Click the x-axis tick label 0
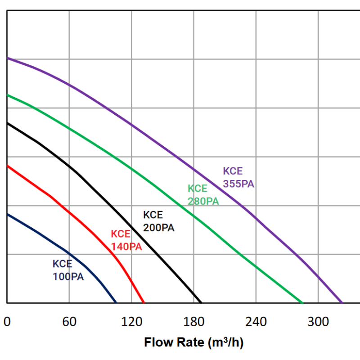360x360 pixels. [x=7, y=322]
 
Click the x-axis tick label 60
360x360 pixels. [x=69, y=322]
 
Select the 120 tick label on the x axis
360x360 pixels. [x=131, y=322]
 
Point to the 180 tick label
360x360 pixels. [x=193, y=322]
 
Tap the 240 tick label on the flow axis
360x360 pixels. [x=256, y=322]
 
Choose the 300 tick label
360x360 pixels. [x=318, y=322]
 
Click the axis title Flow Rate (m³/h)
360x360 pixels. [x=193, y=343]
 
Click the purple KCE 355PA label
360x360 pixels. [x=238, y=178]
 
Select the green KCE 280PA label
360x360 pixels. [x=203, y=195]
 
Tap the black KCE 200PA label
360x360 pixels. [x=158, y=221]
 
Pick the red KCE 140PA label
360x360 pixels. [x=126, y=240]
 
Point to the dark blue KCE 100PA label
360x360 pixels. [x=68, y=270]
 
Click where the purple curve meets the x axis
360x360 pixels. [x=342, y=303]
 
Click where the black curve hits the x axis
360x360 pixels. [x=201, y=303]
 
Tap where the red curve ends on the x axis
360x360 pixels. [x=144, y=303]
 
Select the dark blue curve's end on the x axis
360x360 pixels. [x=116, y=303]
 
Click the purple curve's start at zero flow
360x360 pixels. [x=8, y=58]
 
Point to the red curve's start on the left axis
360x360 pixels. [x=8, y=166]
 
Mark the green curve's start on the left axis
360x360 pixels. [x=8, y=95]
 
